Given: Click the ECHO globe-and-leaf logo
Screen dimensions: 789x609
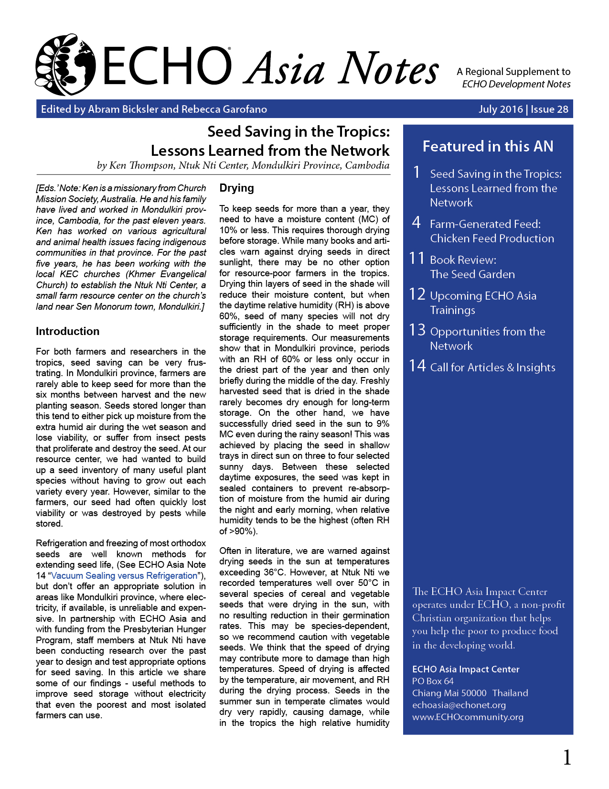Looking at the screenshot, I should pyautogui.click(x=65, y=65).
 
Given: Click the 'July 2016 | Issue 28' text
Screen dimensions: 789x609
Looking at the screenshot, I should pyautogui.click(x=523, y=109).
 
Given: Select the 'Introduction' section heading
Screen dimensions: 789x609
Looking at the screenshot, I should pyautogui.click(x=67, y=331).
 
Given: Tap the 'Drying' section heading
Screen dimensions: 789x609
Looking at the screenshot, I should pyautogui.click(x=236, y=188).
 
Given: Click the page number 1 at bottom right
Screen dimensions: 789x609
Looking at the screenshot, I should pyautogui.click(x=567, y=757).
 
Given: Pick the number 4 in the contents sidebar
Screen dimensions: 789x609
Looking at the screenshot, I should pyautogui.click(x=417, y=223).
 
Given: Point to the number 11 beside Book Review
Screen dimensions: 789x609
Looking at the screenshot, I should pyautogui.click(x=417, y=259).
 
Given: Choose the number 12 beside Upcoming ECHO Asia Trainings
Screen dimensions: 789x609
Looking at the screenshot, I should pyautogui.click(x=417, y=294).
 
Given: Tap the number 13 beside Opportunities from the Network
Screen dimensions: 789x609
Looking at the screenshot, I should pyautogui.click(x=417, y=330).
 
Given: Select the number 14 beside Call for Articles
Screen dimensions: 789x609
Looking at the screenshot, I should pyautogui.click(x=417, y=366).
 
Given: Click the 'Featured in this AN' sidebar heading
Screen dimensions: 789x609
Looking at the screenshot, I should pyautogui.click(x=488, y=146).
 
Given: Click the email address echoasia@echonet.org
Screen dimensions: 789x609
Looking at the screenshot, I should pyautogui.click(x=459, y=705).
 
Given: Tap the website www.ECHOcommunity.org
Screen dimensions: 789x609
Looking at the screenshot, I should pyautogui.click(x=468, y=717).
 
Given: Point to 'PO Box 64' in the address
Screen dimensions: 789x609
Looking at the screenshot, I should pyautogui.click(x=433, y=681).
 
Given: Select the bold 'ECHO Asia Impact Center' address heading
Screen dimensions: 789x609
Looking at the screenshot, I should pyautogui.click(x=465, y=669).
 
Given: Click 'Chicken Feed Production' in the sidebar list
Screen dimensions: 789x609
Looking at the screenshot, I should pyautogui.click(x=492, y=238).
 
